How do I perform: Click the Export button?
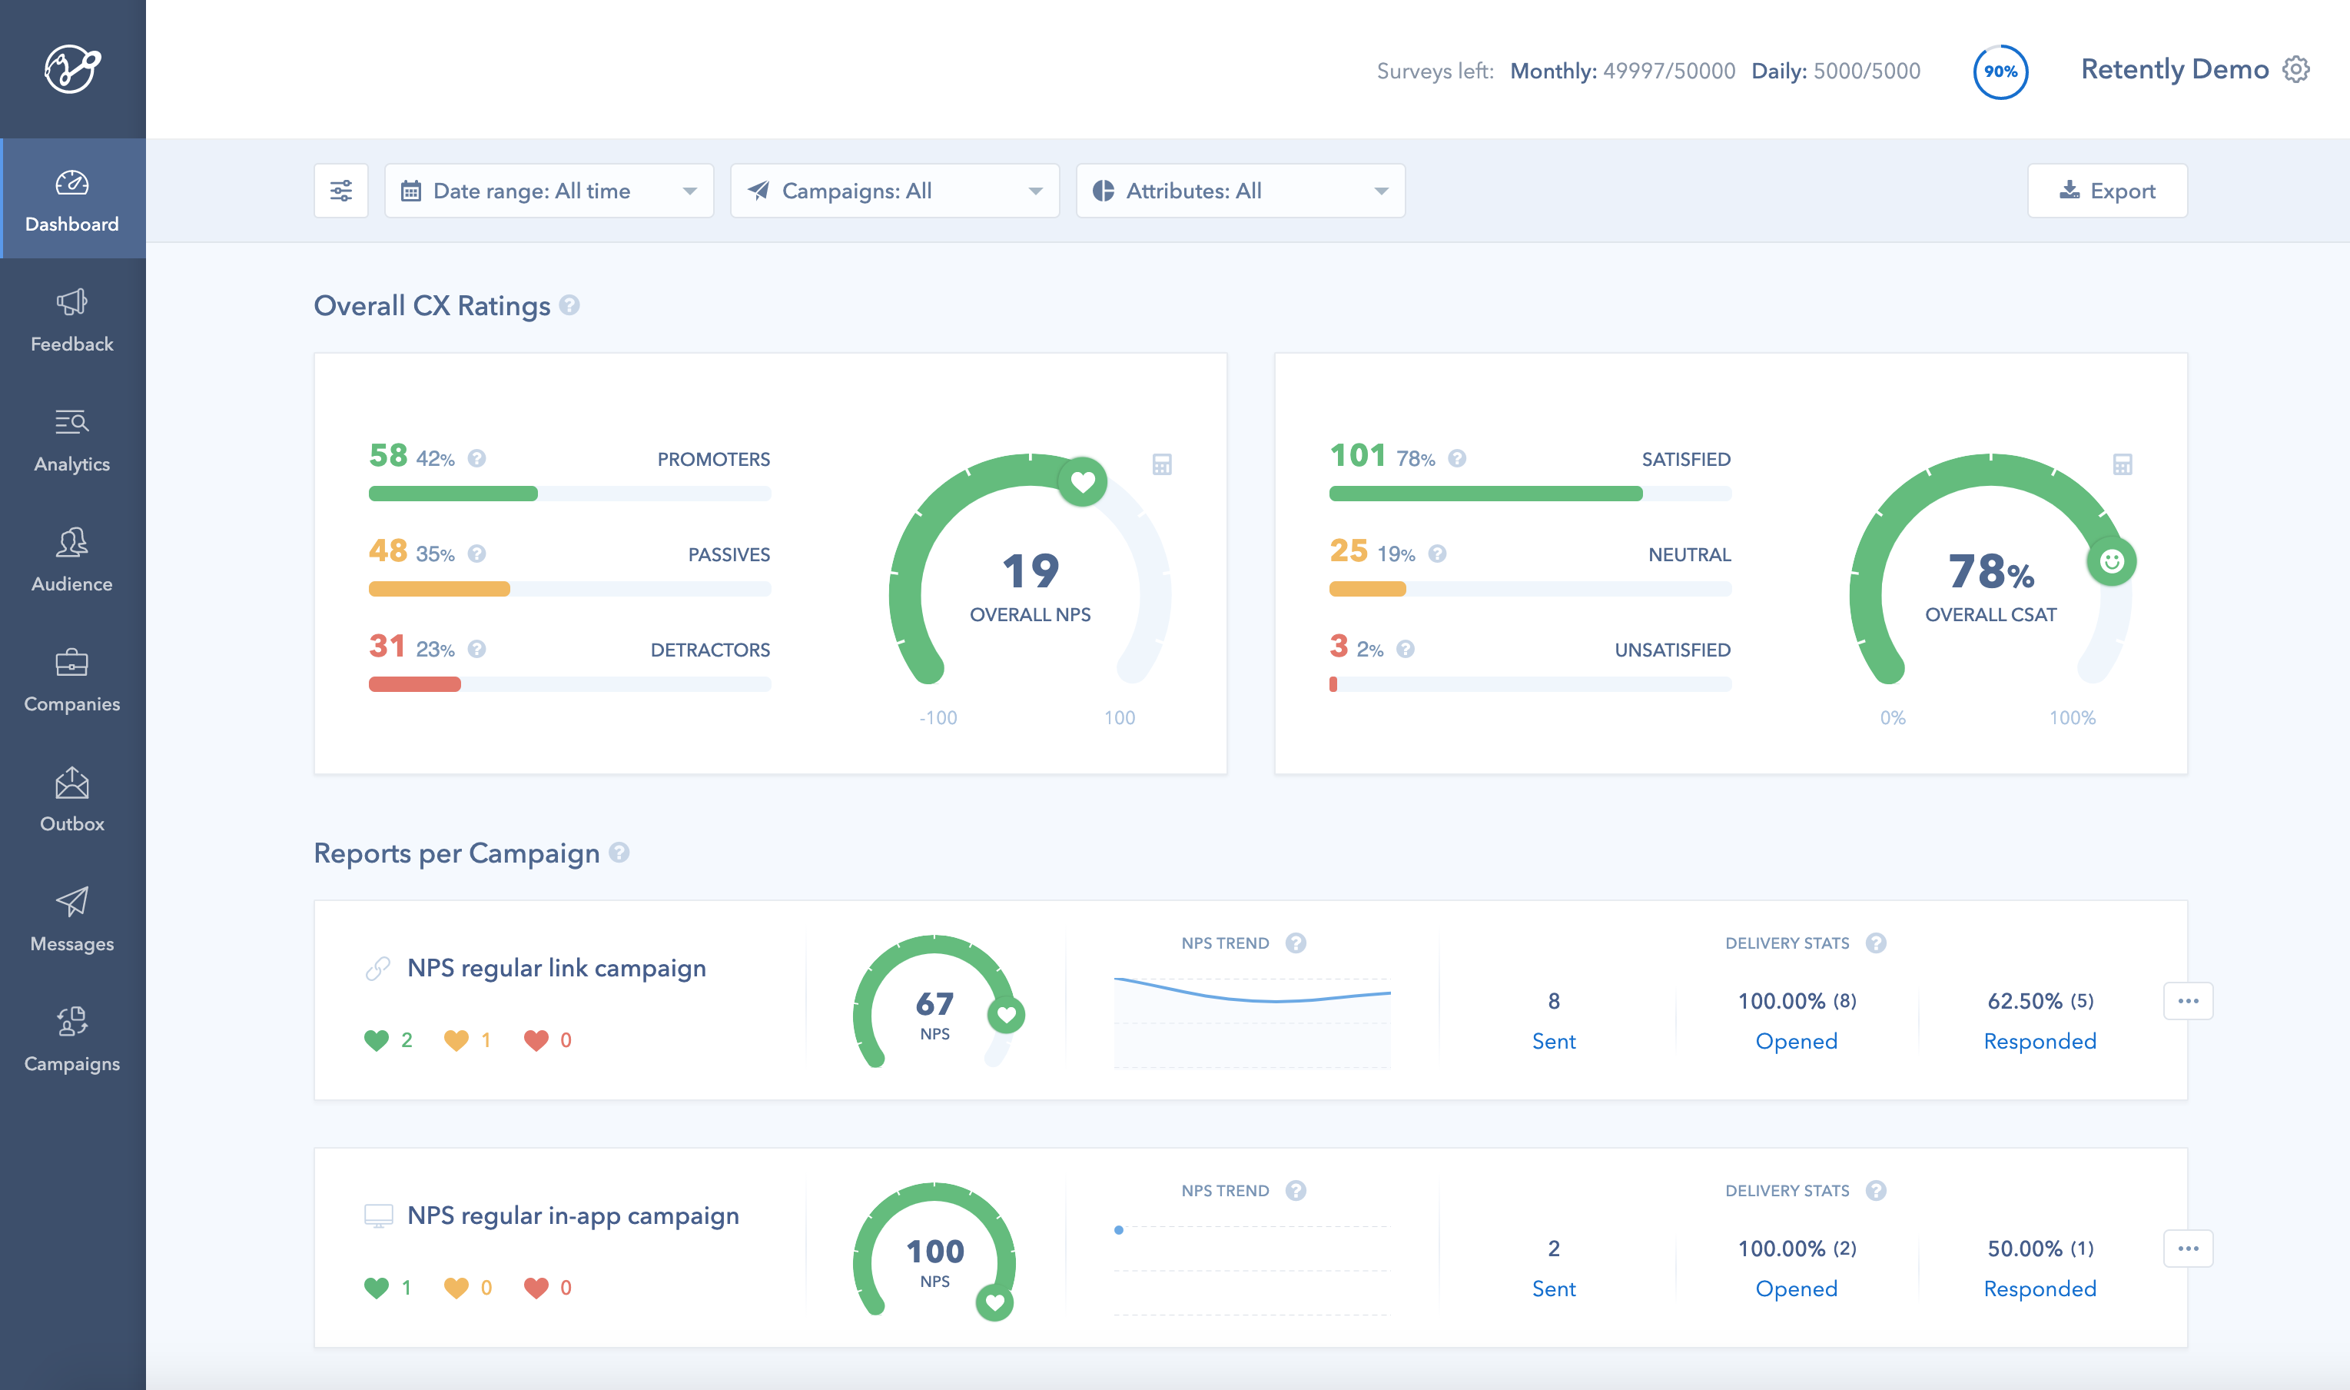(x=2106, y=191)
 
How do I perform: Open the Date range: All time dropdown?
(x=549, y=191)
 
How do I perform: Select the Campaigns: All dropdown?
(x=895, y=191)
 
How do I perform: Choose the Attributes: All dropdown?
(x=1240, y=191)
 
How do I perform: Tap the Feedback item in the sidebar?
(x=72, y=319)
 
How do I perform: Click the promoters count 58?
(x=387, y=455)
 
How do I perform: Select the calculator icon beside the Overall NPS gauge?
(x=1162, y=464)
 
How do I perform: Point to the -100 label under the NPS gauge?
(x=938, y=717)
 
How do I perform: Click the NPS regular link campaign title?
(x=556, y=968)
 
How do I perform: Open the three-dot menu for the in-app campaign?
(x=2187, y=1249)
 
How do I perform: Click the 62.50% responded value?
(x=2026, y=1001)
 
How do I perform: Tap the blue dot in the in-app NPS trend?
(x=1119, y=1230)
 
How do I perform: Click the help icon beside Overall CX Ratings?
(x=569, y=305)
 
